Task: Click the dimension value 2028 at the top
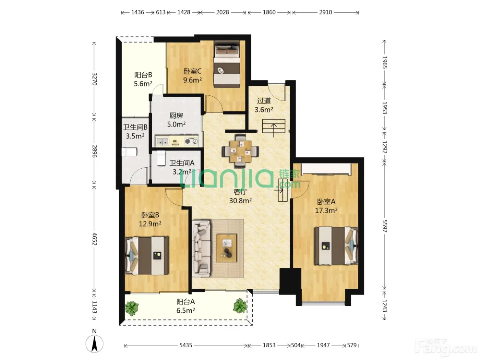(x=223, y=12)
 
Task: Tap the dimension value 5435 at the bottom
(x=186, y=345)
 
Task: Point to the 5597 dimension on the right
(x=384, y=226)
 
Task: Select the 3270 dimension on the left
(x=94, y=79)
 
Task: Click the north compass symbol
(x=94, y=344)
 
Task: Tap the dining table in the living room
(x=240, y=151)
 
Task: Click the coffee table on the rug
(x=227, y=248)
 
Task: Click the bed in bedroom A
(x=336, y=246)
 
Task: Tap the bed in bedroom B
(x=147, y=255)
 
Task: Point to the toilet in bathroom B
(x=129, y=152)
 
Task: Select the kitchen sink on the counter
(x=162, y=141)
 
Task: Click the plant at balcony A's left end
(x=132, y=308)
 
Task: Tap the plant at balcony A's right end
(x=240, y=305)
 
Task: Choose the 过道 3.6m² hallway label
(x=264, y=105)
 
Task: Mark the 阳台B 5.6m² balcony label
(x=143, y=79)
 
